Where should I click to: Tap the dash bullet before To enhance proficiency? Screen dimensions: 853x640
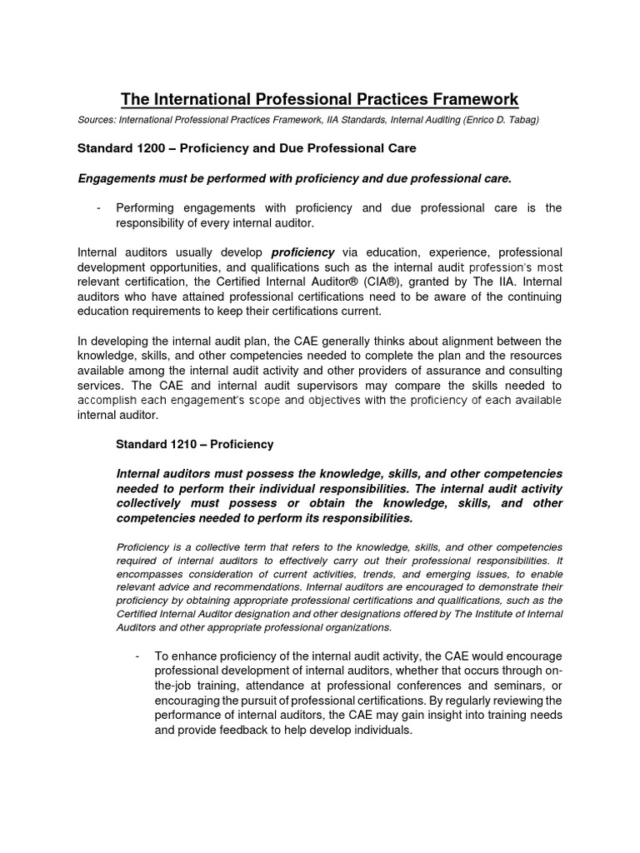pos(137,656)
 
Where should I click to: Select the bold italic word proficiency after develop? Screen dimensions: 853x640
pos(302,252)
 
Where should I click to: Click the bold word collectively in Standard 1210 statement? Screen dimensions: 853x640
pos(152,503)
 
